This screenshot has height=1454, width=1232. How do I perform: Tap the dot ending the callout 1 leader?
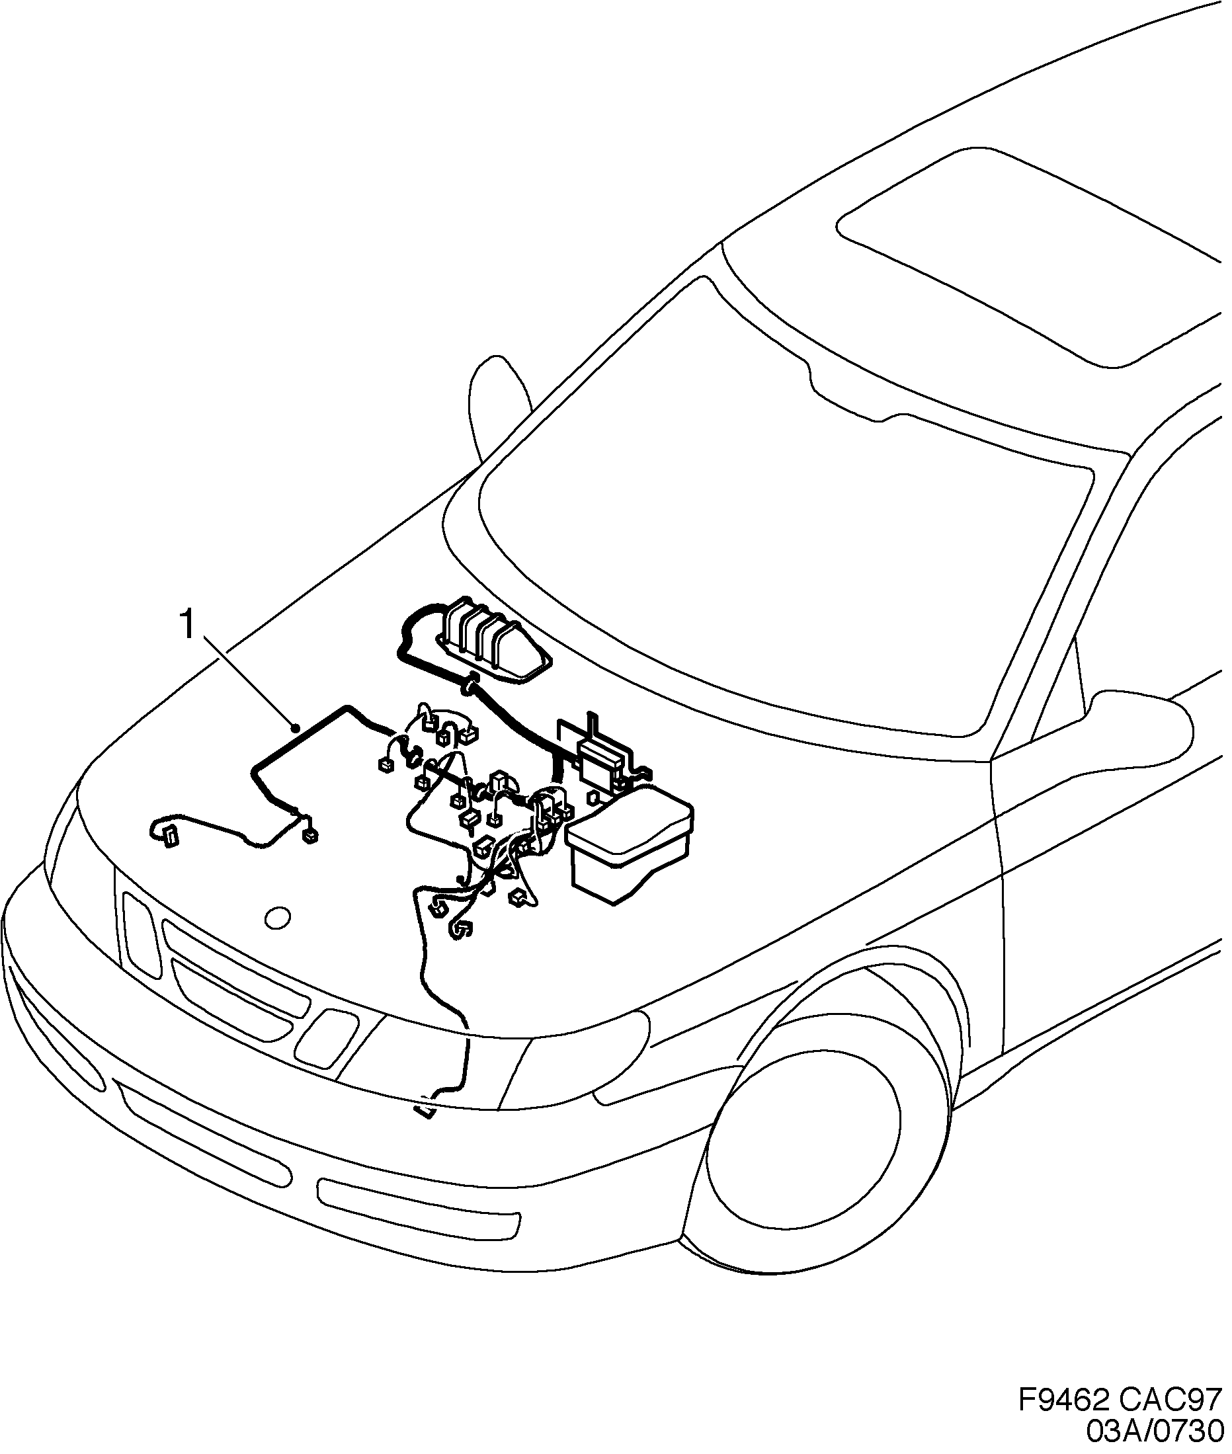pyautogui.click(x=298, y=729)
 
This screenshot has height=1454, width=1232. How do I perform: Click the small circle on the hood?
pyautogui.click(x=278, y=917)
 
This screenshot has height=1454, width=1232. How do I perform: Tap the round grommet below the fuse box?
pyautogui.click(x=471, y=685)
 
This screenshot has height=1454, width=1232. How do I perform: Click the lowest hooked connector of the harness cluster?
pyautogui.click(x=461, y=930)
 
